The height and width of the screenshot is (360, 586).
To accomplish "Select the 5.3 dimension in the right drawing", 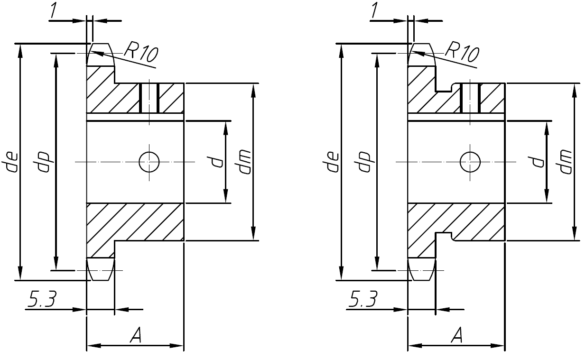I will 363,300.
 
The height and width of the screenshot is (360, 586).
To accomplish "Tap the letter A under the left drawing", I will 136,336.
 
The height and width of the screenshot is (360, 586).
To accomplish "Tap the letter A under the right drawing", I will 456,336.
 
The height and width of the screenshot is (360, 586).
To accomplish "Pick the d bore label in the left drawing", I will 217,162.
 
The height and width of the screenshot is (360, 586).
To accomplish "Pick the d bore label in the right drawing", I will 538,162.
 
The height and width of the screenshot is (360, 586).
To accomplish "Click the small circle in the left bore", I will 149,162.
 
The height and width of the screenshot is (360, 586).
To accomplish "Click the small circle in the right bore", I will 470,162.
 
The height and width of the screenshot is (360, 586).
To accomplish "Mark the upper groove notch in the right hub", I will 445,87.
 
